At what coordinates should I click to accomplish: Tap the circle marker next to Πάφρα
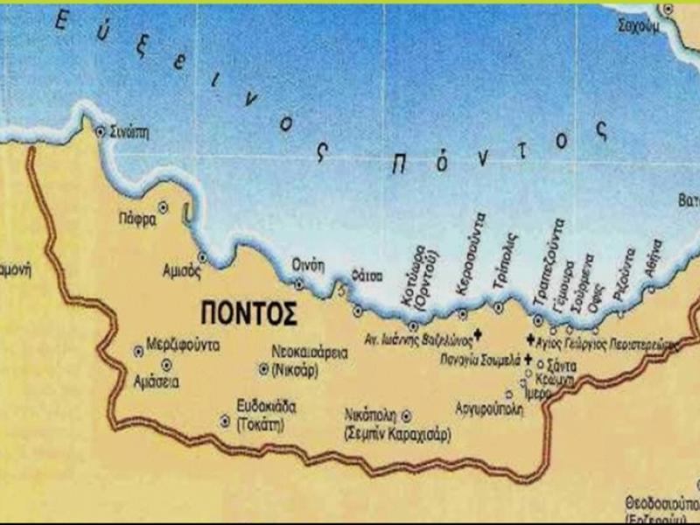click(x=163, y=207)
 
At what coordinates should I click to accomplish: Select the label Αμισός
click(x=182, y=269)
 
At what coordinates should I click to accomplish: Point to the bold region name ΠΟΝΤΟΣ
click(x=248, y=312)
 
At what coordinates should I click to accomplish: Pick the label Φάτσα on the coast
click(x=367, y=276)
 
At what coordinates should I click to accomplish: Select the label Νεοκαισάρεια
click(x=310, y=353)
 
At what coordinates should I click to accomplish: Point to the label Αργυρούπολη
click(x=489, y=408)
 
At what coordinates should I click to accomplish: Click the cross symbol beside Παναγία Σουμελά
click(x=528, y=360)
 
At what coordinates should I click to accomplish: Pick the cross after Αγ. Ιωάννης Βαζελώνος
click(x=478, y=333)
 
